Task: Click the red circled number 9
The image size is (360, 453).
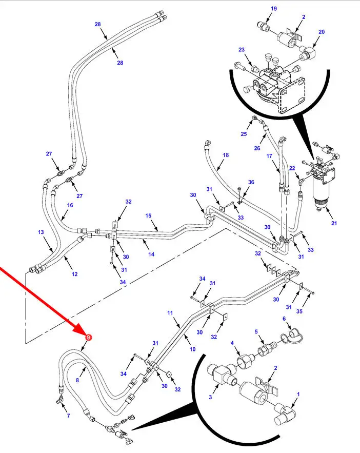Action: [x=88, y=337]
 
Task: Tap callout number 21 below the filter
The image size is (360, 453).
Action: [x=334, y=223]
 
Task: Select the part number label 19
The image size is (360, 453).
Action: [x=273, y=9]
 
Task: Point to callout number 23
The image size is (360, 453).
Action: [x=242, y=50]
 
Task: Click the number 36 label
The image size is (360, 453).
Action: [x=251, y=182]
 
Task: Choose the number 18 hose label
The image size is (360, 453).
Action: [x=226, y=155]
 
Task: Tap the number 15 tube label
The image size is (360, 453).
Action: [x=148, y=216]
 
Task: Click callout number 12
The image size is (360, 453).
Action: [x=74, y=274]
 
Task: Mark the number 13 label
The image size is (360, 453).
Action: [x=41, y=232]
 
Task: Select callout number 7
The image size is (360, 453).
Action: [x=68, y=416]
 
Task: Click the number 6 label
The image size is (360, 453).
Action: [x=284, y=319]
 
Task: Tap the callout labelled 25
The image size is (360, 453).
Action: [x=244, y=134]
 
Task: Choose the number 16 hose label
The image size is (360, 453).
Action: [x=70, y=205]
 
